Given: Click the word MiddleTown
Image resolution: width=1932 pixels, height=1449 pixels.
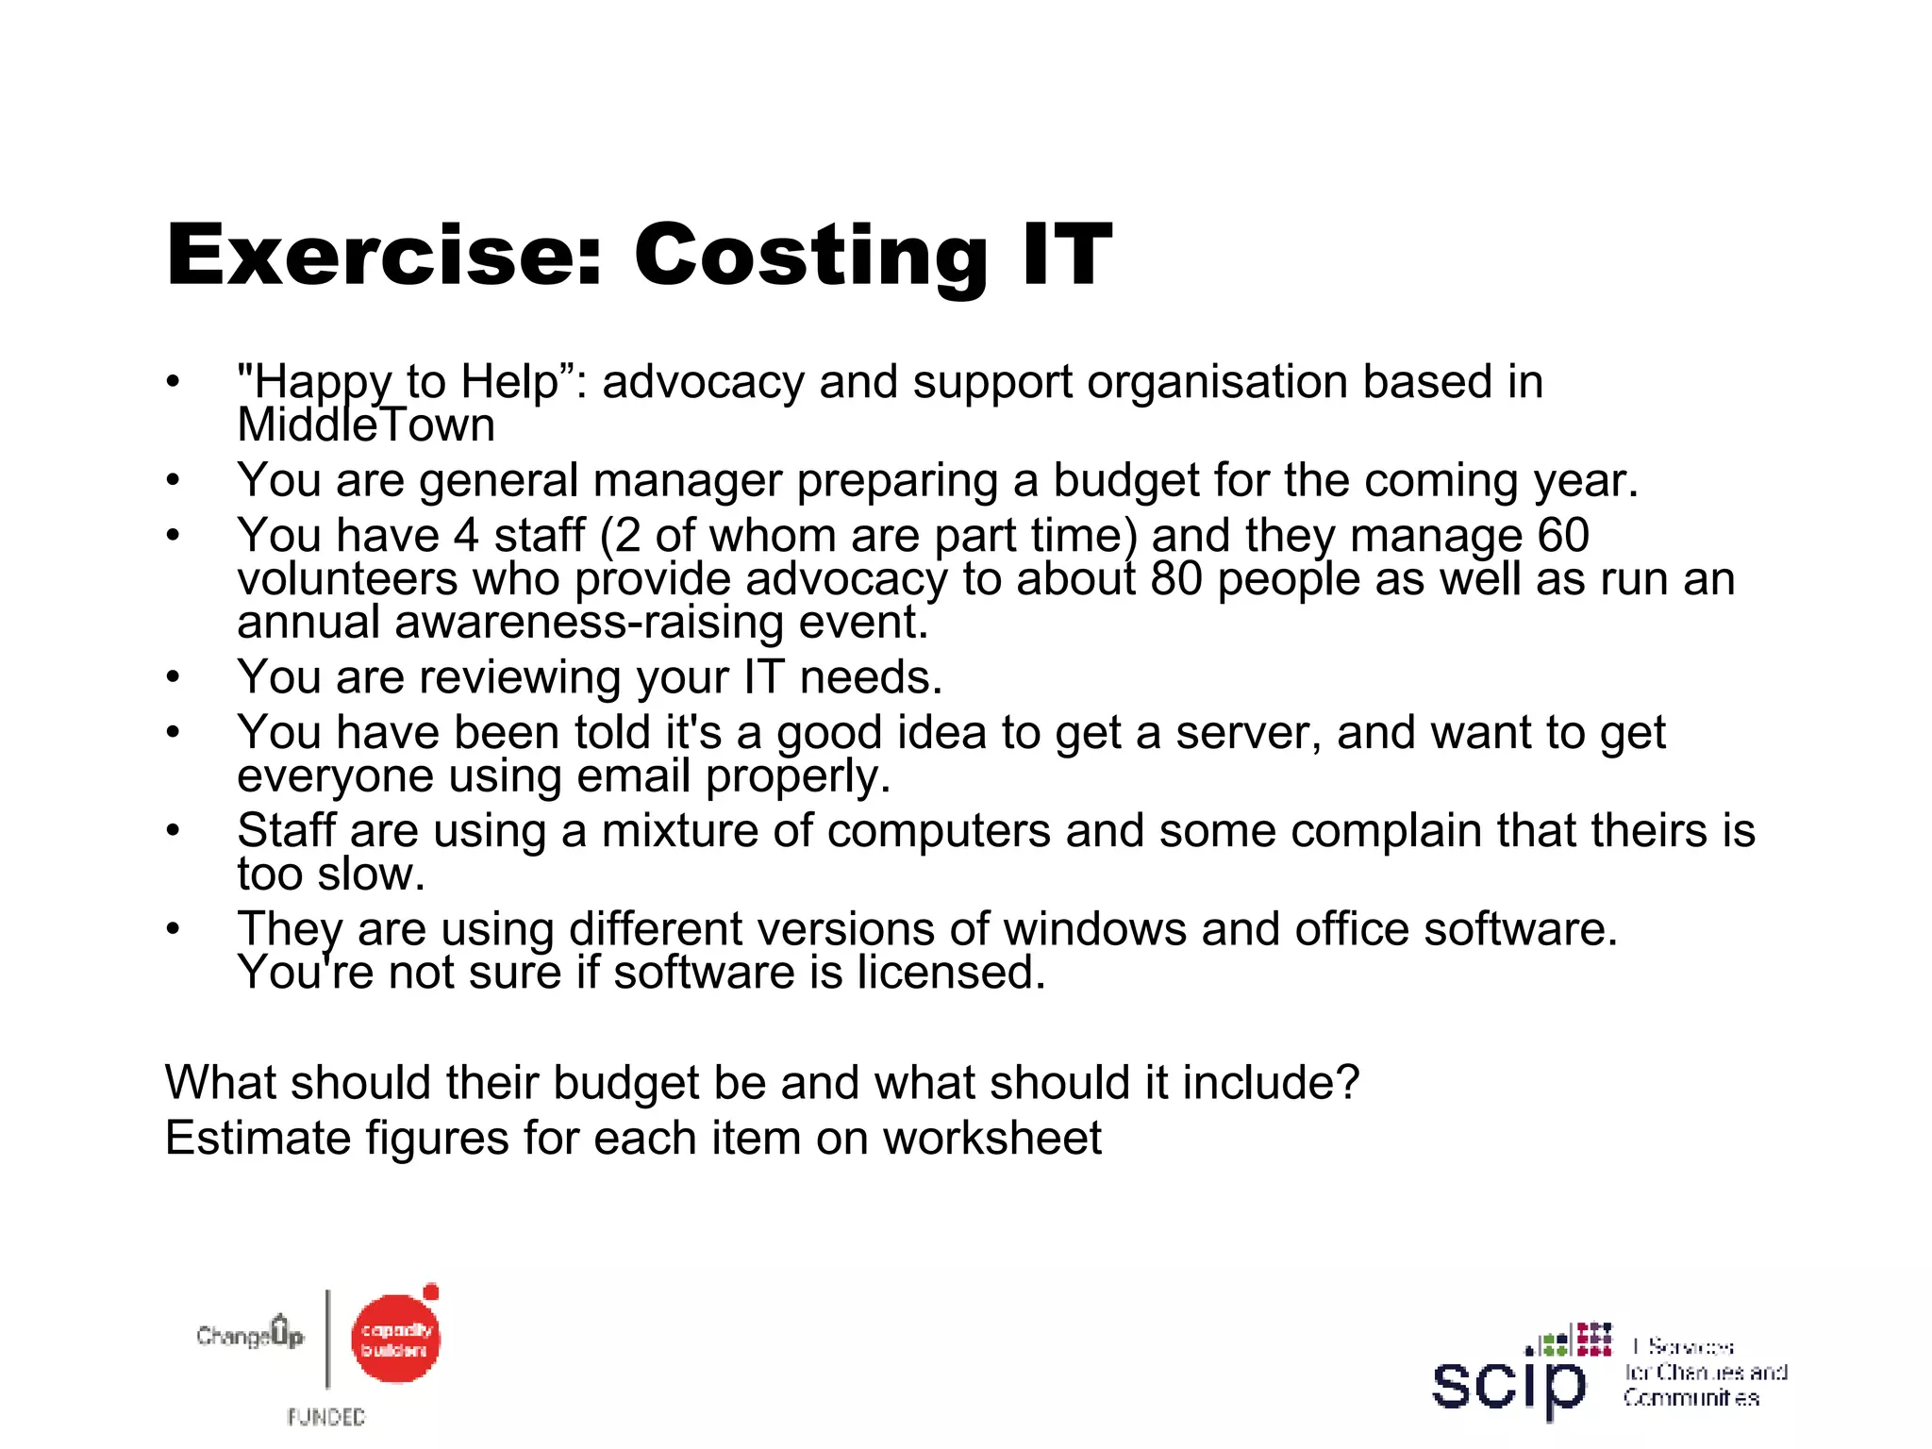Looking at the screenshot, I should (366, 425).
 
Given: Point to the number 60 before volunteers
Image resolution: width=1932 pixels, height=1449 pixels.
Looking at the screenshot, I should (1563, 536).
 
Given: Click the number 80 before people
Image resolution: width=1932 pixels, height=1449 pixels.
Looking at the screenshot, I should (1176, 579).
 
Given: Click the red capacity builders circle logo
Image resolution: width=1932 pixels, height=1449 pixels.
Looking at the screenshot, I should (395, 1340).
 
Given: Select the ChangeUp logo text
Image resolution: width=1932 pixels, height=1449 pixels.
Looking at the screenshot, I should (250, 1335).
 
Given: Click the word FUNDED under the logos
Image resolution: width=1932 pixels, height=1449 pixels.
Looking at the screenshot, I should (326, 1417).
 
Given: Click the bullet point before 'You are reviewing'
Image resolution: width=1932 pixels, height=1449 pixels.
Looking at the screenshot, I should (172, 677).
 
